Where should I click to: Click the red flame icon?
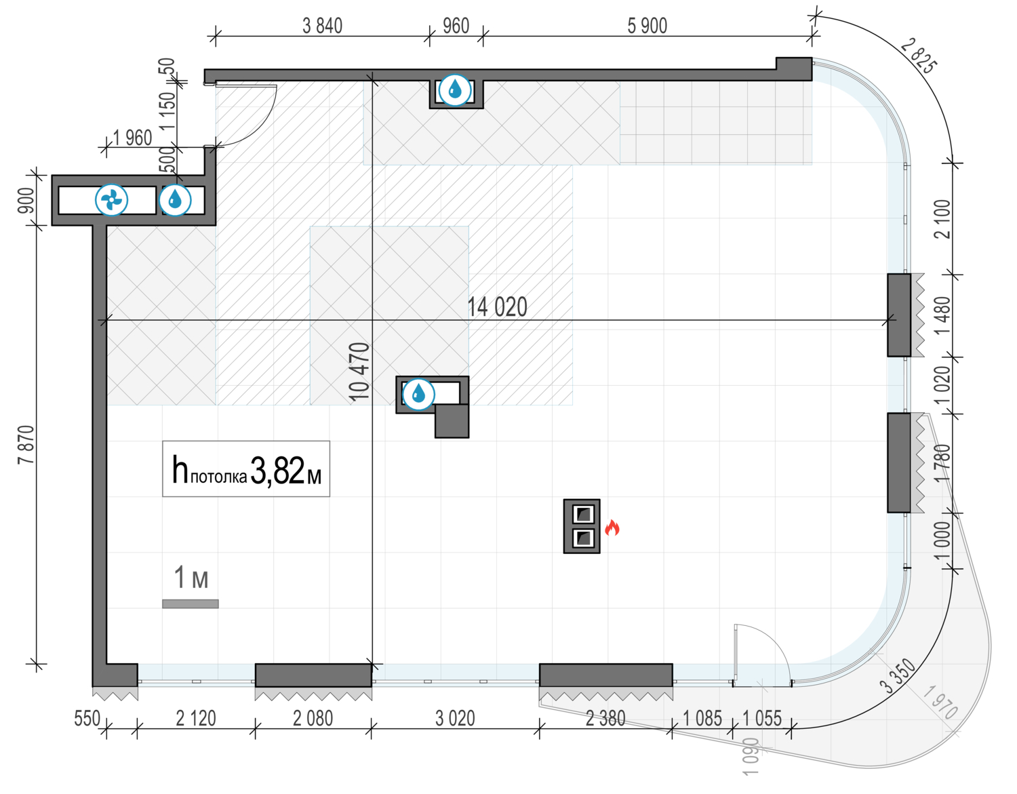[x=612, y=528]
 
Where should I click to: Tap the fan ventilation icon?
[x=112, y=200]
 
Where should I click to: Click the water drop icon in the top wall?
[x=455, y=90]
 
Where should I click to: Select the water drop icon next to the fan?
[x=176, y=200]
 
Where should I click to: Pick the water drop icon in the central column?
[x=418, y=393]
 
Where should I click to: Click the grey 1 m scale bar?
[x=191, y=603]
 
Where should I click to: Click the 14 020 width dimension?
[x=497, y=307]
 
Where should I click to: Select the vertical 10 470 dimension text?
[x=359, y=372]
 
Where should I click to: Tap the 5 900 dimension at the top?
[x=647, y=26]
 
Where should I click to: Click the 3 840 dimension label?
[x=322, y=26]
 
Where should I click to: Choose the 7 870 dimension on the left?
[x=26, y=445]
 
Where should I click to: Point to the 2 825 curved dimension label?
[x=919, y=57]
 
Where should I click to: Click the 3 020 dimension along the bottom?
[x=455, y=718]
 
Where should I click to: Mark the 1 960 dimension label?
[x=132, y=138]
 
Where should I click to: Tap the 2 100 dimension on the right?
[x=942, y=219]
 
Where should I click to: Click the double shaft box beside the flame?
[x=582, y=526]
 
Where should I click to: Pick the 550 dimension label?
[x=87, y=718]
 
